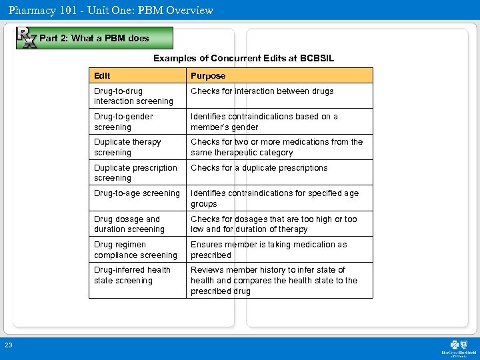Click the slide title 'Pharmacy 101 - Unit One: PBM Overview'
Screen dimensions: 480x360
click(x=111, y=10)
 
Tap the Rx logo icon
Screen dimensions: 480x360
click(x=26, y=38)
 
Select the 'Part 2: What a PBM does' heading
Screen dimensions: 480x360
click(x=94, y=38)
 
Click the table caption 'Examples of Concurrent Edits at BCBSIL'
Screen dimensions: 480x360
click(x=243, y=59)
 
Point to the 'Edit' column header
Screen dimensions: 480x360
click(x=103, y=75)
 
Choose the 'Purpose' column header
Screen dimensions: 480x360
click(x=208, y=76)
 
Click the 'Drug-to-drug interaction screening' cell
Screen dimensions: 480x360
click(x=133, y=96)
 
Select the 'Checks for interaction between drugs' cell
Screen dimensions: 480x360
click(x=262, y=91)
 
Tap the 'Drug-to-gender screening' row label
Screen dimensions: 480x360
click(x=123, y=121)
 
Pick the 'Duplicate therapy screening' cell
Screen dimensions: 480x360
click(x=127, y=147)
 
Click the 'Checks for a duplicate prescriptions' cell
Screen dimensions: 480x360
click(x=259, y=168)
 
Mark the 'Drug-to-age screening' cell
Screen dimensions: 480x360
click(x=137, y=193)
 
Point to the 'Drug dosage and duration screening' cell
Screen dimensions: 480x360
click(x=129, y=224)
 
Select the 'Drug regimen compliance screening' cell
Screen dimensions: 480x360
click(x=135, y=249)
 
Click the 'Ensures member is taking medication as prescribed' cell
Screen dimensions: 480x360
click(x=269, y=249)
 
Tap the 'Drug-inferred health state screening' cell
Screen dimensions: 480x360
click(x=132, y=275)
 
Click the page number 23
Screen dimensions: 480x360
click(x=8, y=344)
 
